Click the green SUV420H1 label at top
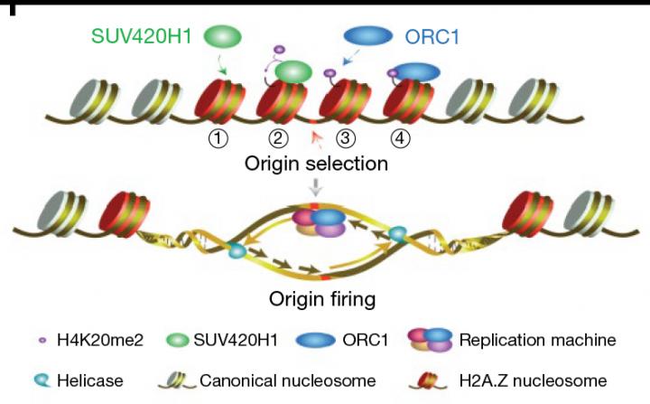(144, 37)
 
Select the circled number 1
(218, 139)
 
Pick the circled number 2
(279, 139)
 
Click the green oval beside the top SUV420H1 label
(223, 37)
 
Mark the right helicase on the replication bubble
(396, 234)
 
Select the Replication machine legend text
(537, 341)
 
